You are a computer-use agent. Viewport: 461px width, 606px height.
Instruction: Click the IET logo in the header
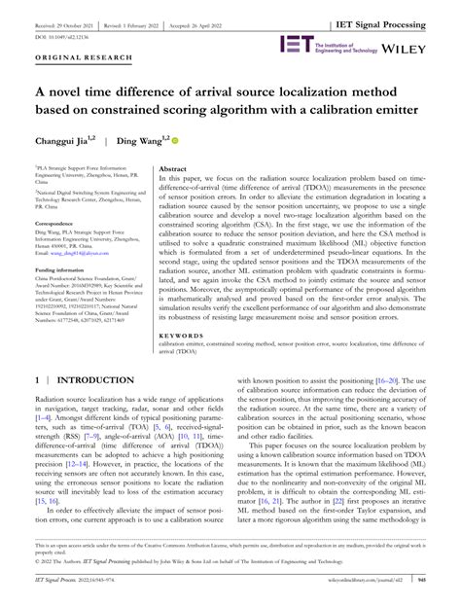(x=295, y=44)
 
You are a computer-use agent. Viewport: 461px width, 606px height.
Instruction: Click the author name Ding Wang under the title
(x=140, y=141)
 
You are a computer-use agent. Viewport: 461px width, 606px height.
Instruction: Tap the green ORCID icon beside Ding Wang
(x=175, y=141)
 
